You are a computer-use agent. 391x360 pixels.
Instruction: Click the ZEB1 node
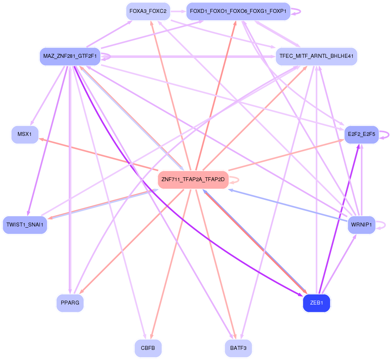pos(316,303)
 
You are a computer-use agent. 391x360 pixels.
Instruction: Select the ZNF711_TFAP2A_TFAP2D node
pos(193,180)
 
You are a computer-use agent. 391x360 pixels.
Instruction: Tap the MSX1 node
pos(25,135)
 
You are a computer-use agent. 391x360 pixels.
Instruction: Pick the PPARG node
pos(70,303)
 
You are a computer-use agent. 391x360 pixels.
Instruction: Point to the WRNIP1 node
pos(361,225)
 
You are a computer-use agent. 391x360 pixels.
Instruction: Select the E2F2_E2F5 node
pos(361,135)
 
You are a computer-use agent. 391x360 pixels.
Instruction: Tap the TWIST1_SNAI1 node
pos(25,225)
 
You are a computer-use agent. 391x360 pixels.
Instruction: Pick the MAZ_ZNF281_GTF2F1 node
pos(70,57)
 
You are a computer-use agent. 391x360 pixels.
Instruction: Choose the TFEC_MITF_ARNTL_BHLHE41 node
pos(316,57)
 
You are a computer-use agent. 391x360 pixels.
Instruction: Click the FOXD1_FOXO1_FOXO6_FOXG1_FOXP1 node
pos(238,11)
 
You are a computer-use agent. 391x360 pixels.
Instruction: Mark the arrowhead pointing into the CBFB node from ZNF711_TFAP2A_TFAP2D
pos(150,337)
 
